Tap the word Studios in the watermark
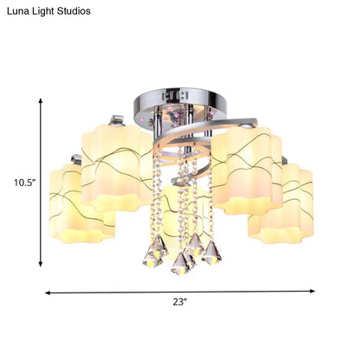pos(74,11)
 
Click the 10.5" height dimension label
pos(25,183)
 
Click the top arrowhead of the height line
pos(41,100)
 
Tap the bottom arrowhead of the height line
pos(41,264)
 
